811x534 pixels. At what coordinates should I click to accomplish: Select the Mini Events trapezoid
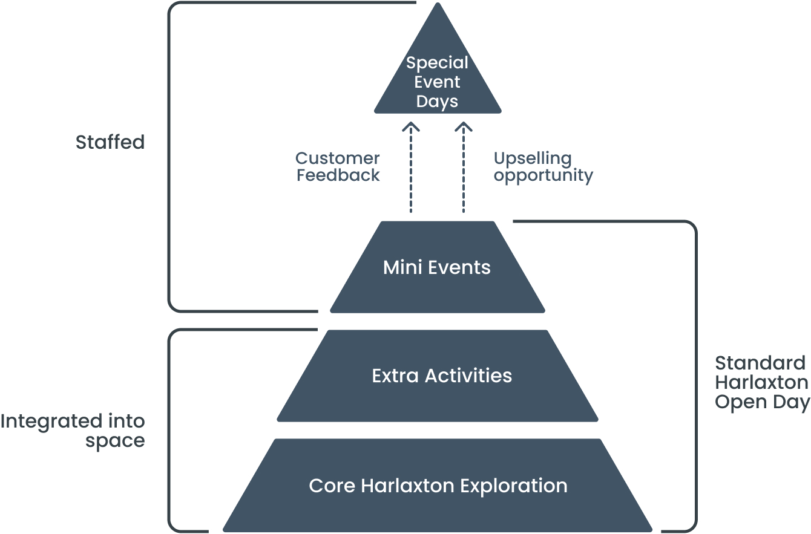(437, 267)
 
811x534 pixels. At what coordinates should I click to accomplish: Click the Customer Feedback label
(338, 167)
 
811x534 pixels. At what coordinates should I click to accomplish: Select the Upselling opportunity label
(543, 167)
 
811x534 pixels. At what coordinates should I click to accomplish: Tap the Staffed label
(110, 143)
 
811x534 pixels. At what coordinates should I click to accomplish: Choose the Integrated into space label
(73, 431)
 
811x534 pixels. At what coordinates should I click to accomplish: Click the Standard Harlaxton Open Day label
(761, 383)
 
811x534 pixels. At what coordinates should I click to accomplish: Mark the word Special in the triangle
(438, 63)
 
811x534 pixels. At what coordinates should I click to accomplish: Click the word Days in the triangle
(438, 102)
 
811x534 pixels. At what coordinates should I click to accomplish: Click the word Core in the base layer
(332, 486)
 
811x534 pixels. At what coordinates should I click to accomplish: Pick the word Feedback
(338, 175)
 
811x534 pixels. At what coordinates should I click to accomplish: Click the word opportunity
(543, 176)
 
